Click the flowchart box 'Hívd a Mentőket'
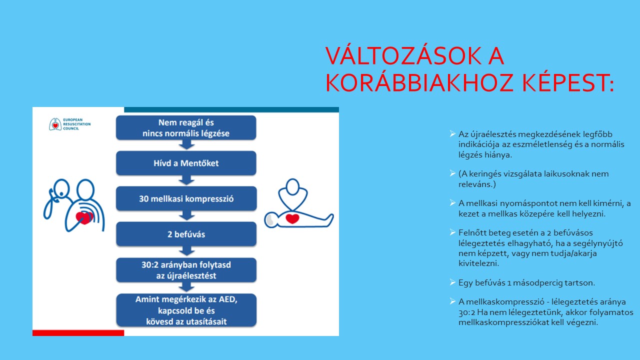coord(186,163)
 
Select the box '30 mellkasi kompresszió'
coord(186,199)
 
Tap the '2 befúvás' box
coord(186,234)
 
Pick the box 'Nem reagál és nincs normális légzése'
coord(186,127)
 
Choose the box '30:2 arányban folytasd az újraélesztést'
coord(186,270)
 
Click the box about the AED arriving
coord(186,310)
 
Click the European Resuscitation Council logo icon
coord(55,124)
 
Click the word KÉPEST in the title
coord(563,83)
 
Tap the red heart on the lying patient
coord(292,218)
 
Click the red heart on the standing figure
coord(84,218)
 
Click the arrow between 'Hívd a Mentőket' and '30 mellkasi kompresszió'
coord(186,180)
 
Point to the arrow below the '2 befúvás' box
coord(186,251)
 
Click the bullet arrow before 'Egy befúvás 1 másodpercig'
coord(452,282)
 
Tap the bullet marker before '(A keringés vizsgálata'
coord(452,173)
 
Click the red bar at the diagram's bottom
coord(78,333)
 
